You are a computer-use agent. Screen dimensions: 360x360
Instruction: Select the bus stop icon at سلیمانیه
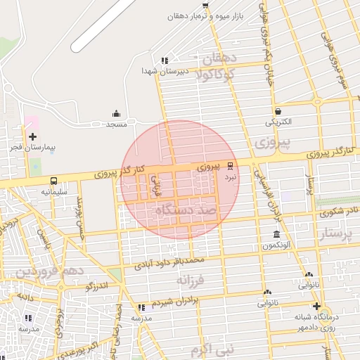click(54, 181)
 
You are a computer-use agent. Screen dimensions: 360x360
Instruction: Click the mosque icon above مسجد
click(116, 114)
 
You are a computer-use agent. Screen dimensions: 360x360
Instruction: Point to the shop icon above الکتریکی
click(278, 111)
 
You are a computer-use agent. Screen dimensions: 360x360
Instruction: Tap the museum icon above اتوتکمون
click(276, 235)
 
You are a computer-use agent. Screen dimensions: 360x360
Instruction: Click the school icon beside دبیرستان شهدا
click(165, 61)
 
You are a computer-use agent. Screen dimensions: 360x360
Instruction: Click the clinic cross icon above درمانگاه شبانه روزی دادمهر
click(316, 306)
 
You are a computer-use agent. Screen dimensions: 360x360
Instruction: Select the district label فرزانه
click(191, 280)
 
